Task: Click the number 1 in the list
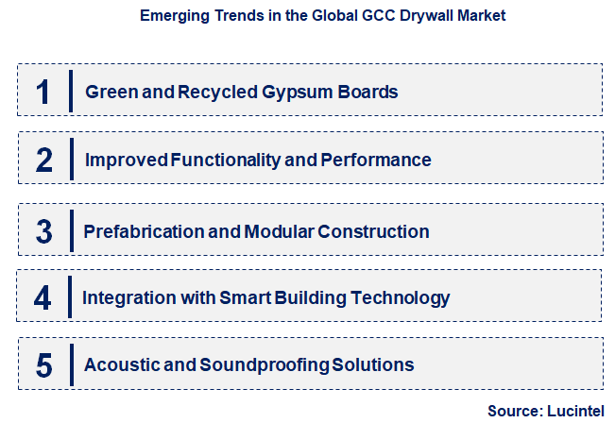[43, 92]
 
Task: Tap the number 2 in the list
[43, 160]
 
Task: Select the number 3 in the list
[43, 230]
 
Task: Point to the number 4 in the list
[43, 298]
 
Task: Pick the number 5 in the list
[43, 364]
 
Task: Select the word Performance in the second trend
[376, 161]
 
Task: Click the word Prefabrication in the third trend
[139, 231]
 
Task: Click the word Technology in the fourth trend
[401, 298]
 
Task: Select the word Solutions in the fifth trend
[378, 364]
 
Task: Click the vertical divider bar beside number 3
[72, 230]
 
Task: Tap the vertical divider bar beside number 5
[72, 364]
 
